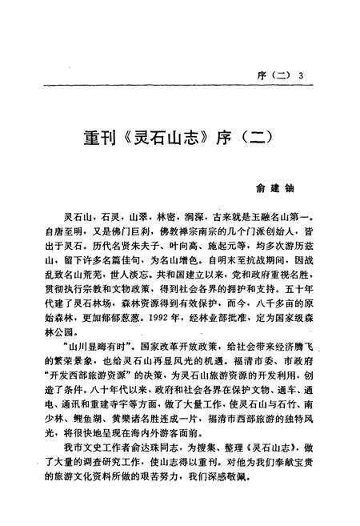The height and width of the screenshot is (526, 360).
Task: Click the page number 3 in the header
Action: [302, 76]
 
